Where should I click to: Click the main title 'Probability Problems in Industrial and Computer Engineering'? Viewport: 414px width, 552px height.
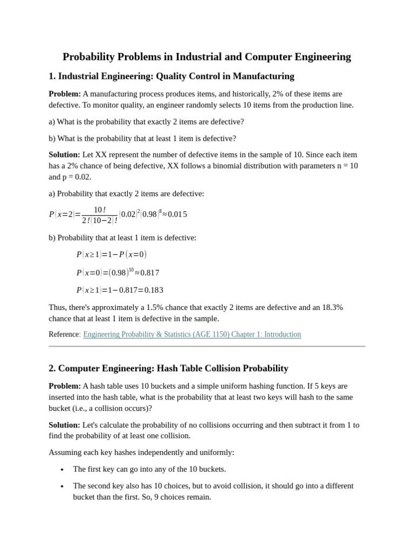206,57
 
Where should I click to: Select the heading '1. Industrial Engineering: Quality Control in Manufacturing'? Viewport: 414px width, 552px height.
171,76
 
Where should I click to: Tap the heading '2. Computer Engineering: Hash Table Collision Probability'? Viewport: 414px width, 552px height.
168,368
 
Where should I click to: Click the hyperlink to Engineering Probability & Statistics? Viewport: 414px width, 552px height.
192,334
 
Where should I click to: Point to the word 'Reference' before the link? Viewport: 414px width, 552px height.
64,334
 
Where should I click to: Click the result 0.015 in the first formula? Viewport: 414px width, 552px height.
177,214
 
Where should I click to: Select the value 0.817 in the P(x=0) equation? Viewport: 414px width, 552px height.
150,273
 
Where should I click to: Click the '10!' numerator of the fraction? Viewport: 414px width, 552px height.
100,210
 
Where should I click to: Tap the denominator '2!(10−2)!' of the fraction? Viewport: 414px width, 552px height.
100,220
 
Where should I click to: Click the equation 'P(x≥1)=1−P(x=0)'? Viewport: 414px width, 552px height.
111,254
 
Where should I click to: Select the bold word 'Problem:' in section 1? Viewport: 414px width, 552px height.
65,94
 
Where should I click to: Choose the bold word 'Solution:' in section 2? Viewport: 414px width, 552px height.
64,425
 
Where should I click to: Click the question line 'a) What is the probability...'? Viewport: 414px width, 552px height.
146,122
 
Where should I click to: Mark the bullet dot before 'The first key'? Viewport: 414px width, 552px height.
63,470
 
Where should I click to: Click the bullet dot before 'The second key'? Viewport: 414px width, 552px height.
63,486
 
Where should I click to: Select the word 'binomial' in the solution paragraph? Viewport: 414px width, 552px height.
249,165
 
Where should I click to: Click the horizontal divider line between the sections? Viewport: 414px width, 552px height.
206,346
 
